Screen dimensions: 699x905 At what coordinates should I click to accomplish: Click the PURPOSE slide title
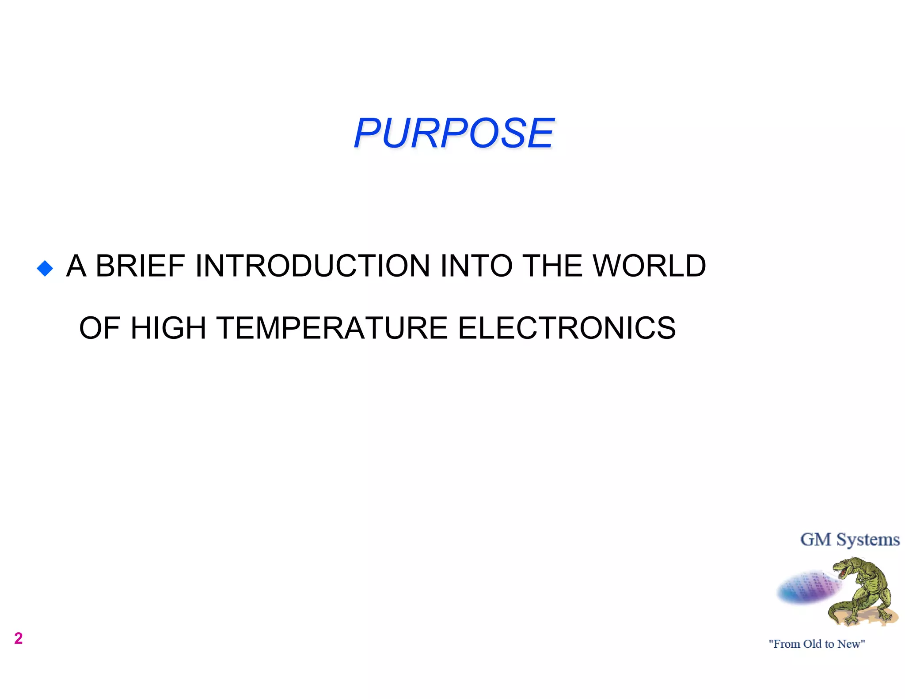[453, 133]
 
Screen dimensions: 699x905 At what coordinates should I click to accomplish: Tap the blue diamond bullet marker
[45, 268]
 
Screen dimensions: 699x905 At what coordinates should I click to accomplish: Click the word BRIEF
[140, 266]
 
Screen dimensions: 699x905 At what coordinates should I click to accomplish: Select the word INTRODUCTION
[312, 266]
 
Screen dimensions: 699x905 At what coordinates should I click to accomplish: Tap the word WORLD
[649, 266]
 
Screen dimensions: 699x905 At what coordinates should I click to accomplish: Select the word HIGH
[168, 328]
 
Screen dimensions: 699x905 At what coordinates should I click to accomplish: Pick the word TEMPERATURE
[332, 328]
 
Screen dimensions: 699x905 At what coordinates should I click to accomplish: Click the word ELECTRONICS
[567, 328]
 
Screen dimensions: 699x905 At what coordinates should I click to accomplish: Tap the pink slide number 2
[18, 638]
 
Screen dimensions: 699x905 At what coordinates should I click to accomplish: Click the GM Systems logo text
[850, 539]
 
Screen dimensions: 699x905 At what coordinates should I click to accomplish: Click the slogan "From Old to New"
[817, 644]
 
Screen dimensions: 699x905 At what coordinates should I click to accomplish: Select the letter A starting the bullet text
[76, 266]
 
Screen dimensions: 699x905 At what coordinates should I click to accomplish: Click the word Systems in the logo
[868, 539]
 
